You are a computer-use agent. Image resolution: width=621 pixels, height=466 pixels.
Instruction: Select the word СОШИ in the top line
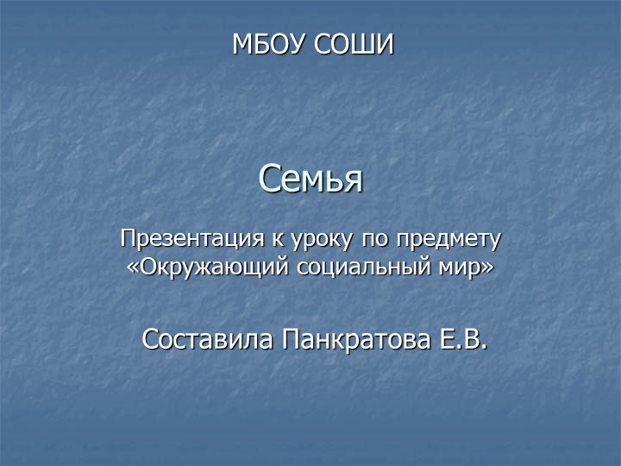click(353, 44)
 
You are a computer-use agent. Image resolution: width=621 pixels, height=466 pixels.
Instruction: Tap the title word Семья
click(310, 179)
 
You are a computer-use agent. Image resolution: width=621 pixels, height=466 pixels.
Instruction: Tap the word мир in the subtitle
click(462, 266)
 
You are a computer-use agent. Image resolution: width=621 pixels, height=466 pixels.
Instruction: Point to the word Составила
click(206, 339)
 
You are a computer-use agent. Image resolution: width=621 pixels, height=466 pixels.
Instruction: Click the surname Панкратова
click(358, 339)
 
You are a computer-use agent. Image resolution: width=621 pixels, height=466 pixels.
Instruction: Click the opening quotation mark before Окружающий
click(131, 266)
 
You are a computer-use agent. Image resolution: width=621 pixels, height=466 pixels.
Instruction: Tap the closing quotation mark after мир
click(489, 266)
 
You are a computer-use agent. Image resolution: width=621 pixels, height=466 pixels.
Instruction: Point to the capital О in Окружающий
click(147, 265)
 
